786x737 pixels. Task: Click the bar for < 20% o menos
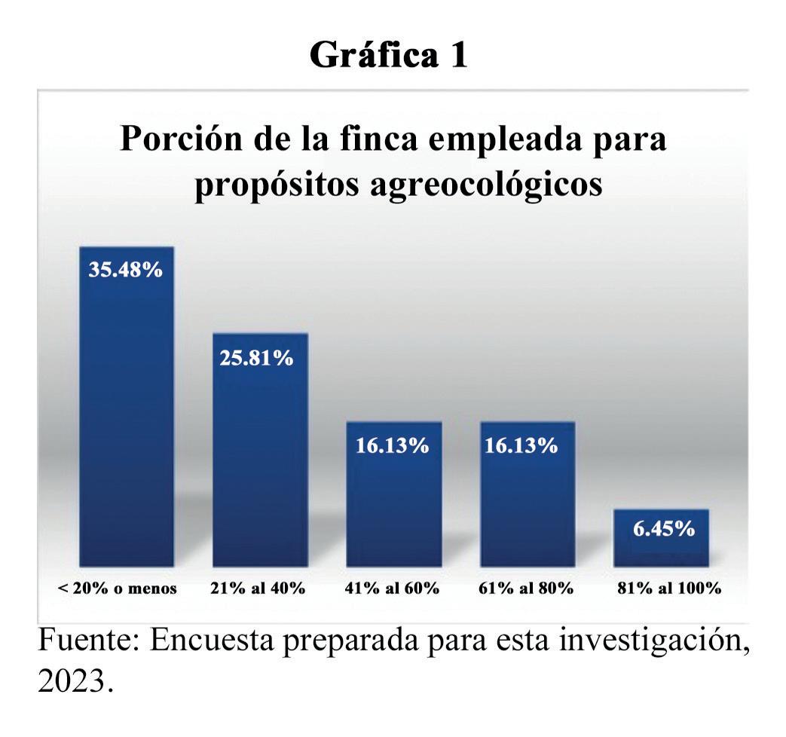coord(127,407)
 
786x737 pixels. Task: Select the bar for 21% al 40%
coord(260,450)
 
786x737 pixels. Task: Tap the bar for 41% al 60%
coord(394,494)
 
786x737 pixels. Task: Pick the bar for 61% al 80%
coord(528,494)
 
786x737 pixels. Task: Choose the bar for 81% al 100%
coord(661,538)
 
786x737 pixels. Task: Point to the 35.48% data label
coord(126,270)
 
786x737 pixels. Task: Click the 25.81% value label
coord(256,358)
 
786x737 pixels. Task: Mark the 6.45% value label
coord(664,528)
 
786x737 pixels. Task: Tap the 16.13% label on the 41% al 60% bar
coord(393,445)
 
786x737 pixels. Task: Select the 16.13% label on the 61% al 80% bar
coord(521,445)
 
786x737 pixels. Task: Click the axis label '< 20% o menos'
coord(118,588)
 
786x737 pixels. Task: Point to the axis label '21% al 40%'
coord(258,588)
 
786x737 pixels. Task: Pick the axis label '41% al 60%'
coord(392,588)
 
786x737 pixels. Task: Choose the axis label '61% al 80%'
coord(526,588)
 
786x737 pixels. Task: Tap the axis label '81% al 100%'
coord(669,588)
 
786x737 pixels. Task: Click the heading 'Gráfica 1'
coord(389,55)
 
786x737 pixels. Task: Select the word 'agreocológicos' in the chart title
coord(486,185)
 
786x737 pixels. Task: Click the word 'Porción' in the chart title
coord(182,139)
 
